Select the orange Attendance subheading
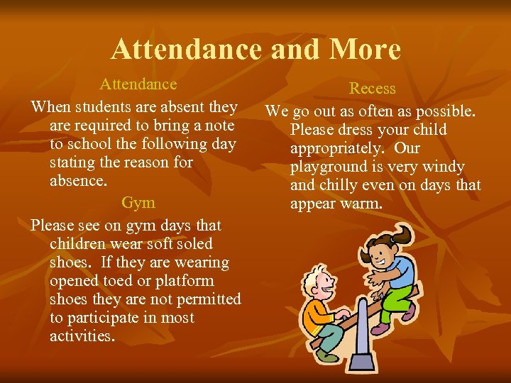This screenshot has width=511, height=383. coord(138,84)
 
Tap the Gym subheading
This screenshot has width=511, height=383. coord(138,203)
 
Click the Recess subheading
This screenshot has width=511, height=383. coord(373,89)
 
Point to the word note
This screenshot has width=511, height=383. coord(218,126)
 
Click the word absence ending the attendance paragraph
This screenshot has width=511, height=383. coord(78,181)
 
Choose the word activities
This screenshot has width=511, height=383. coord(82,336)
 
